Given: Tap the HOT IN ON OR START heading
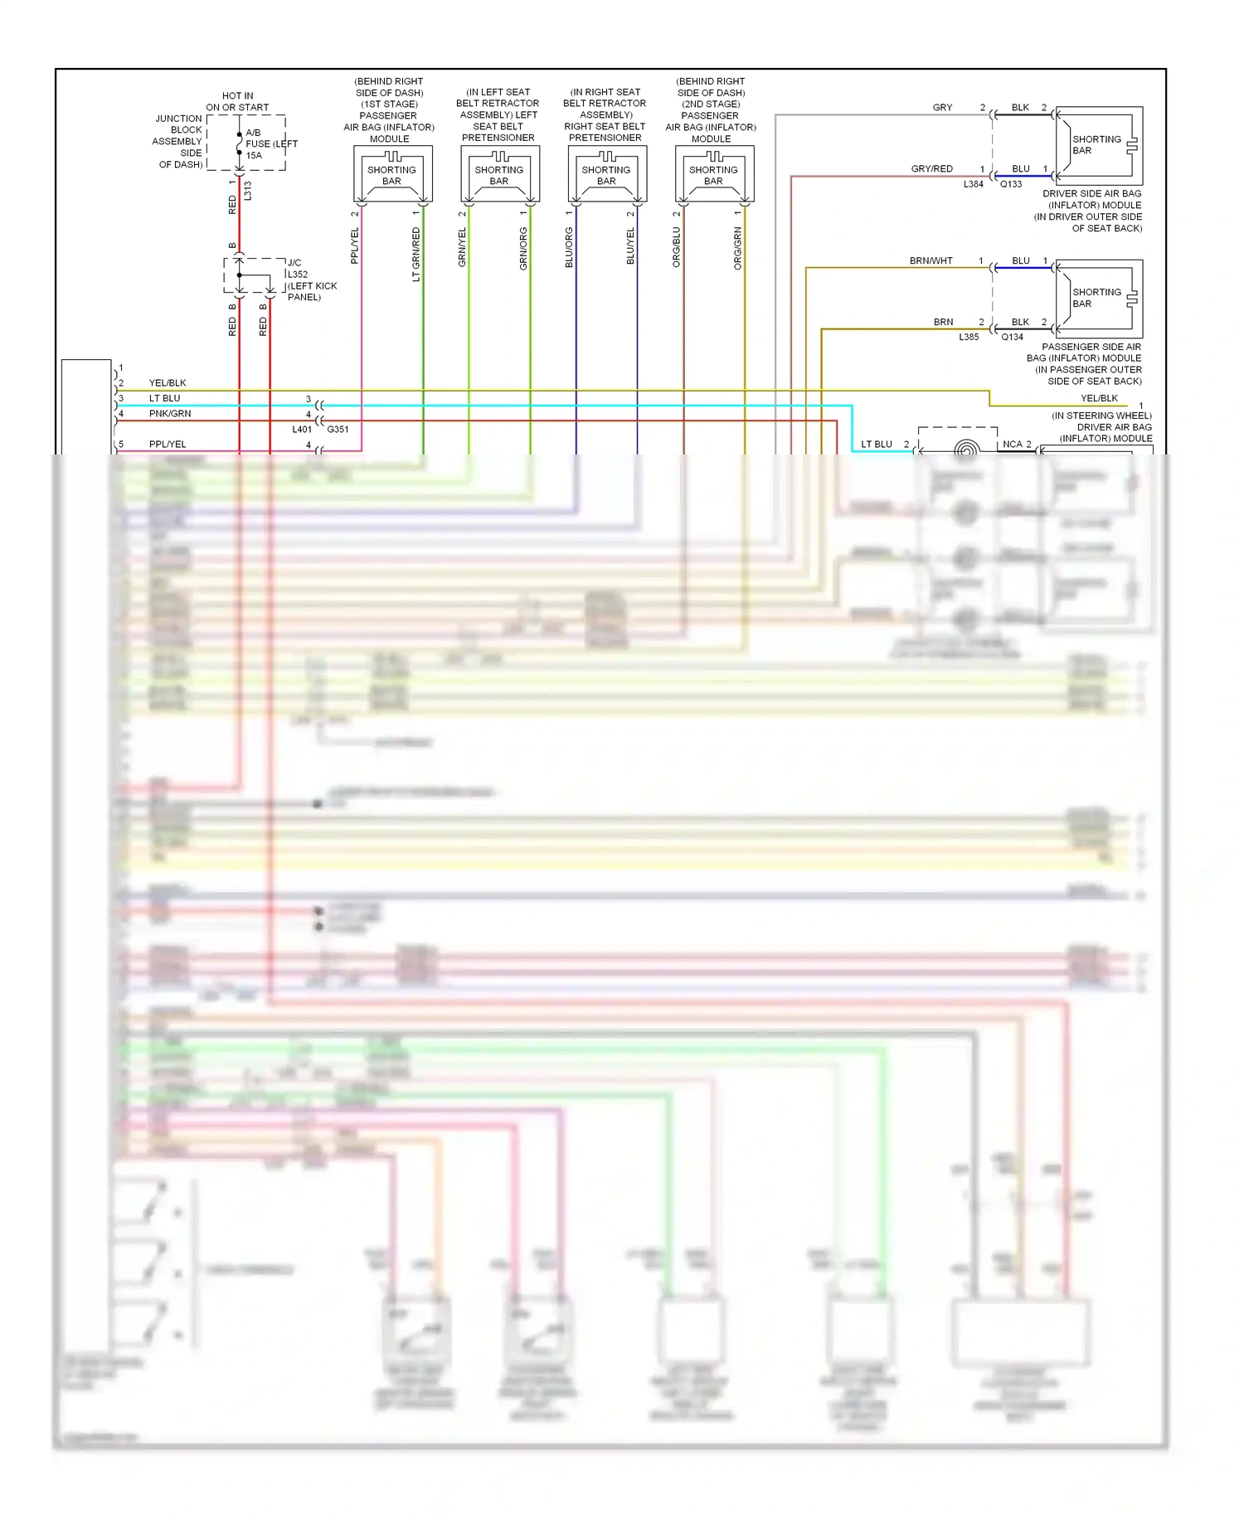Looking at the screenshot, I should (x=237, y=102).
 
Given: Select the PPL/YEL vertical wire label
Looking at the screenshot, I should (x=355, y=246).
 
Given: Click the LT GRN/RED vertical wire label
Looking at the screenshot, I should (x=416, y=255).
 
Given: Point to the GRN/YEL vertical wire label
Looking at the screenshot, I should (x=462, y=247).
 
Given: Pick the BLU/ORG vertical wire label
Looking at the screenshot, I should (x=569, y=247).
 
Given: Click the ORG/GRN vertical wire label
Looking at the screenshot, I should (x=737, y=248).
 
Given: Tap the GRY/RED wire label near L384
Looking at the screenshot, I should (x=931, y=168).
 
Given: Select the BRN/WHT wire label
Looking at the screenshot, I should (x=931, y=260).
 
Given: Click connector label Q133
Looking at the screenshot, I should (x=1011, y=184).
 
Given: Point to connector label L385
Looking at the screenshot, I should (x=969, y=337).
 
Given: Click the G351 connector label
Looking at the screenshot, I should (x=338, y=430).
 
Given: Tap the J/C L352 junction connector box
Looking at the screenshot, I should (x=254, y=275).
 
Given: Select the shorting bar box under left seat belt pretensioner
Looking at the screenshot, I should (x=499, y=175).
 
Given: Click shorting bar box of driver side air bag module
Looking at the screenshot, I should (x=1098, y=145).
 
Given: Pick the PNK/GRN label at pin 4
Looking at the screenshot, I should (x=170, y=413).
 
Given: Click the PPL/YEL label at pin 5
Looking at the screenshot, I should (x=168, y=444).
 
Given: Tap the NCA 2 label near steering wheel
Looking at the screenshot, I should (x=1017, y=444).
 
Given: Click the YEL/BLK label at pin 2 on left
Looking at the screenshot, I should (x=168, y=382).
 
